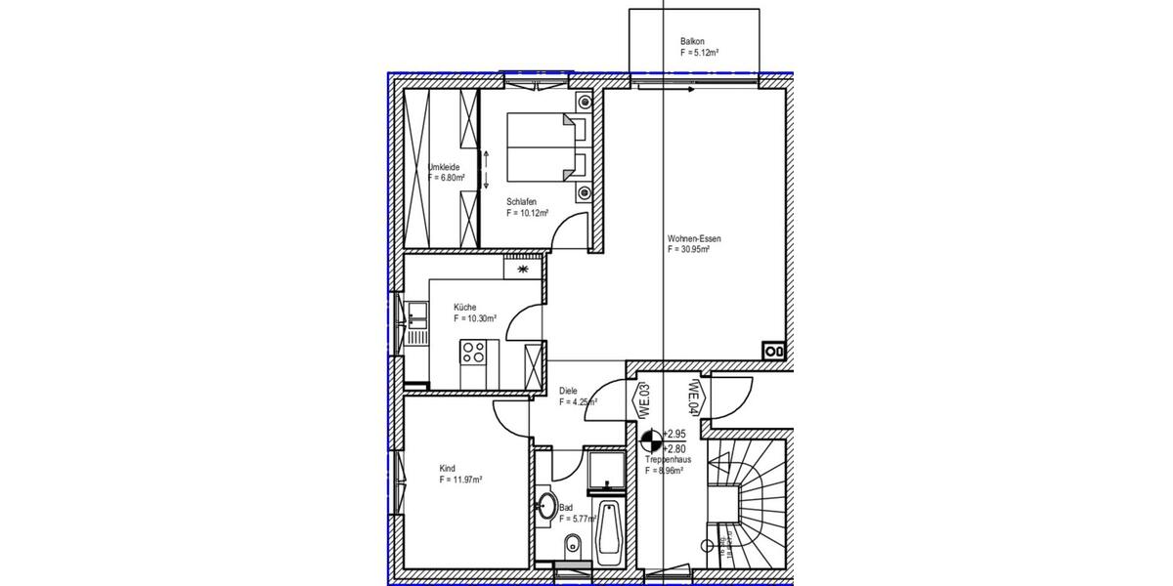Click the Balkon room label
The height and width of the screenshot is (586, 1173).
[692, 42]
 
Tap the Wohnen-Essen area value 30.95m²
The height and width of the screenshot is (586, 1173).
[688, 250]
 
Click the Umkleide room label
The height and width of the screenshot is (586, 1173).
[444, 167]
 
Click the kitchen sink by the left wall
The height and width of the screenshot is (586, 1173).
[417, 314]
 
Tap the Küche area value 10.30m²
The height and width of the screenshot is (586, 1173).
[475, 318]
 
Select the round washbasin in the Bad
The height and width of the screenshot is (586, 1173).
[546, 508]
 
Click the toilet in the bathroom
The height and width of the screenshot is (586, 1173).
[574, 543]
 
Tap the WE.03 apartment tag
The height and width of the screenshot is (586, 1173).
[646, 401]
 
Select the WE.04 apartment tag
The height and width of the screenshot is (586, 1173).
[694, 397]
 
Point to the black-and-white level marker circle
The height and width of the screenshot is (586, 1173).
[651, 439]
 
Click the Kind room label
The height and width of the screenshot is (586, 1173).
[448, 468]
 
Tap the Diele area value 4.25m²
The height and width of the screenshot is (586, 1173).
[578, 401]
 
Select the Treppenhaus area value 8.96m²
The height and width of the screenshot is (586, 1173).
[664, 470]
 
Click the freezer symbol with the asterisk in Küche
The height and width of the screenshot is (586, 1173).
[523, 268]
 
